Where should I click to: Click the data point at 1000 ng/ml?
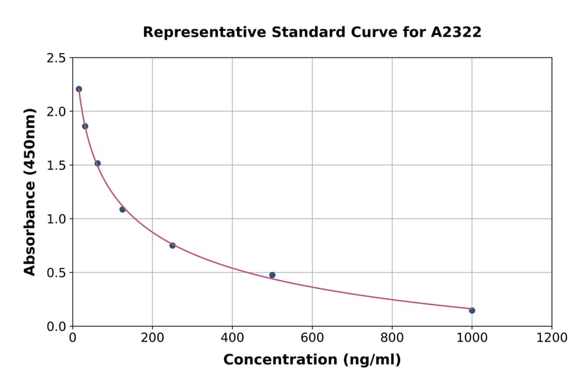(x=472, y=310)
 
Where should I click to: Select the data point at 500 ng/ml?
(x=272, y=275)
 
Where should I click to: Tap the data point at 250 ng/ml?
(x=172, y=245)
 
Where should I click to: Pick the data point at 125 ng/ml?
(x=123, y=209)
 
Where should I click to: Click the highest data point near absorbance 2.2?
(x=79, y=89)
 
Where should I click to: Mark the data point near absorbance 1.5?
(x=97, y=164)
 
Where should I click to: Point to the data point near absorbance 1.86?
(x=85, y=126)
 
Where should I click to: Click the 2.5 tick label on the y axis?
(x=56, y=58)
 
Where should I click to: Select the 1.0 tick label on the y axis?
(x=56, y=219)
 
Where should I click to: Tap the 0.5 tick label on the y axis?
(x=56, y=273)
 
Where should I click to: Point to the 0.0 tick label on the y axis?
(x=56, y=326)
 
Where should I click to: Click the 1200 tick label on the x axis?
(x=551, y=338)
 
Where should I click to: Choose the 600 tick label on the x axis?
(x=312, y=338)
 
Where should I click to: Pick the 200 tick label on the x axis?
(x=152, y=338)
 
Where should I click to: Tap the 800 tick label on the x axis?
(x=392, y=338)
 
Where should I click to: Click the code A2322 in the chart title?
(x=456, y=32)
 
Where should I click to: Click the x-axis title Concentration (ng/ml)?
(x=312, y=360)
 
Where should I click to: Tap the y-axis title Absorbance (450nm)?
(x=30, y=191)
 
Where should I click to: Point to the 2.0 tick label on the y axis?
(x=56, y=112)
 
